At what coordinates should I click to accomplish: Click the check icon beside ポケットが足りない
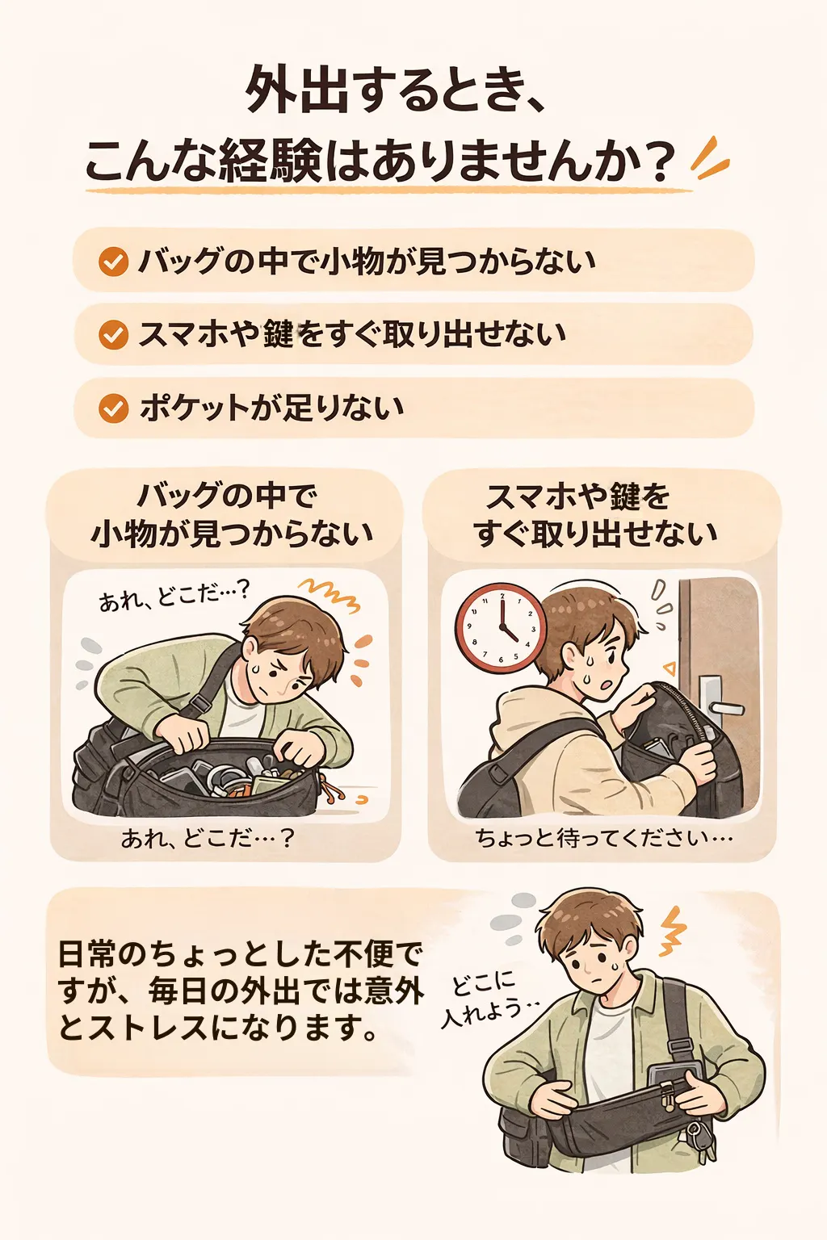coord(114,408)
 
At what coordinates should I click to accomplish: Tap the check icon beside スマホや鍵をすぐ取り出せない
coord(114,334)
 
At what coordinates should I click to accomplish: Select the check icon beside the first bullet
coord(114,261)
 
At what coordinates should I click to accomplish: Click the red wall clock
coord(500,627)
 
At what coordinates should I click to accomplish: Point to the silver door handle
coord(717,702)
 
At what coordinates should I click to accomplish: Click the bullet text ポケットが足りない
coord(272,408)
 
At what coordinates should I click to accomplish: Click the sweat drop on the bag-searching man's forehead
coord(256,668)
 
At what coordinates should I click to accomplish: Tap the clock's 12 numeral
coord(502,597)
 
